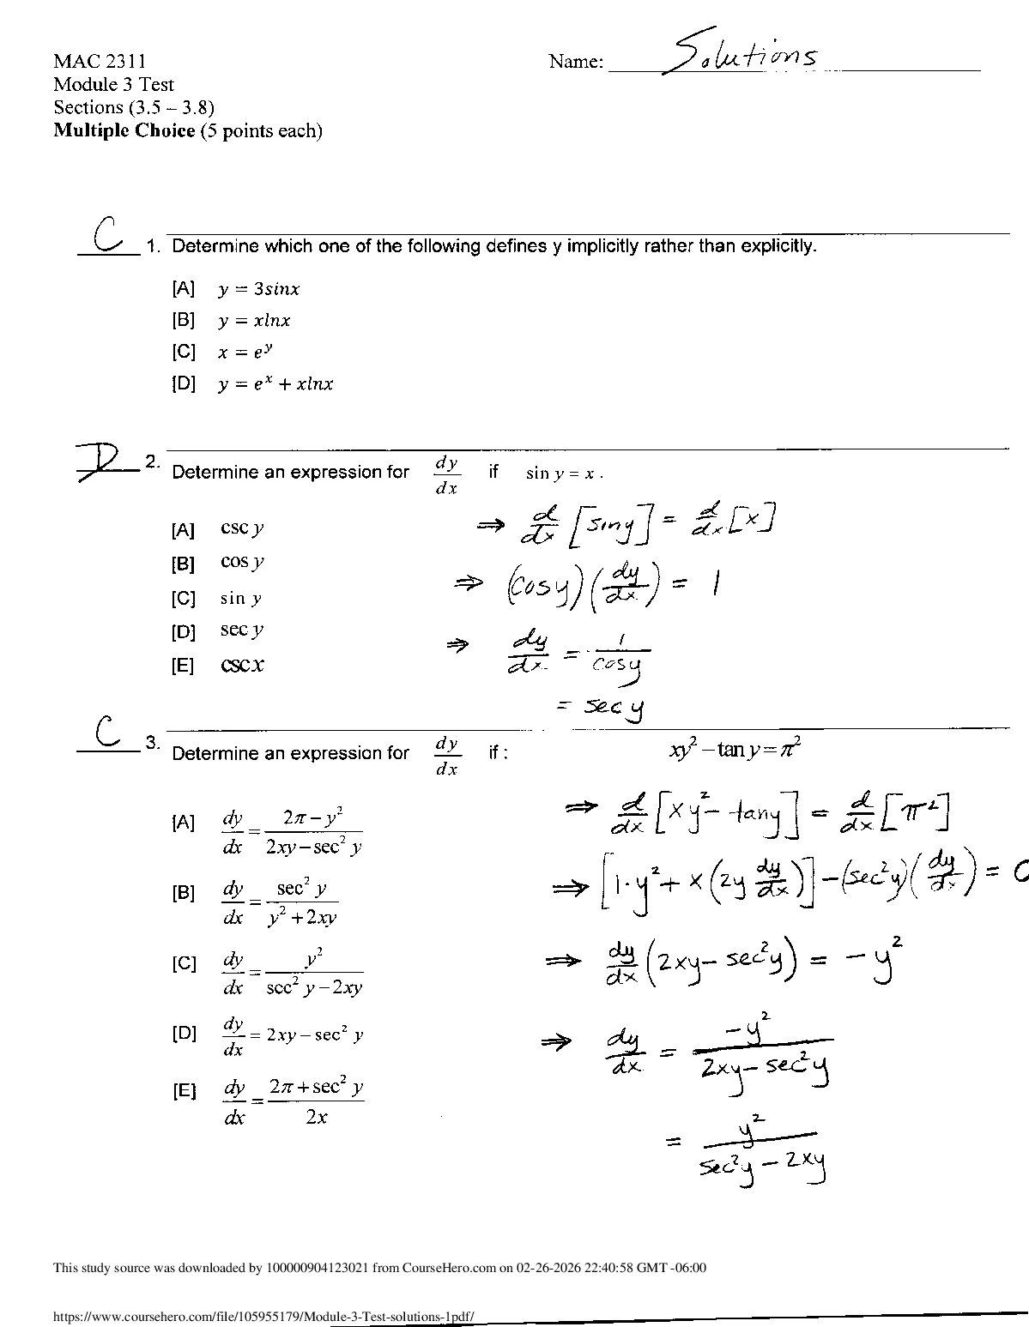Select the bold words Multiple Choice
coord(124,131)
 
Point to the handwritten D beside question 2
coord(105,462)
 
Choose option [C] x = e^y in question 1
coord(223,352)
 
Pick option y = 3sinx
coord(258,289)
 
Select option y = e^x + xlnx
coord(275,384)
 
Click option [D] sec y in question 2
coord(241,630)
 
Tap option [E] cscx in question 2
coord(242,665)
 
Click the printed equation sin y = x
coord(564,473)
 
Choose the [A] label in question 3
coord(184,823)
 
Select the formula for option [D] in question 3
coord(293,1035)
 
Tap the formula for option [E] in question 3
coord(293,1101)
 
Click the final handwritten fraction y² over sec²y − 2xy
coord(763,1147)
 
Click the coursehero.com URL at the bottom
coord(263,1315)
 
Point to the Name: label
coord(576,61)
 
